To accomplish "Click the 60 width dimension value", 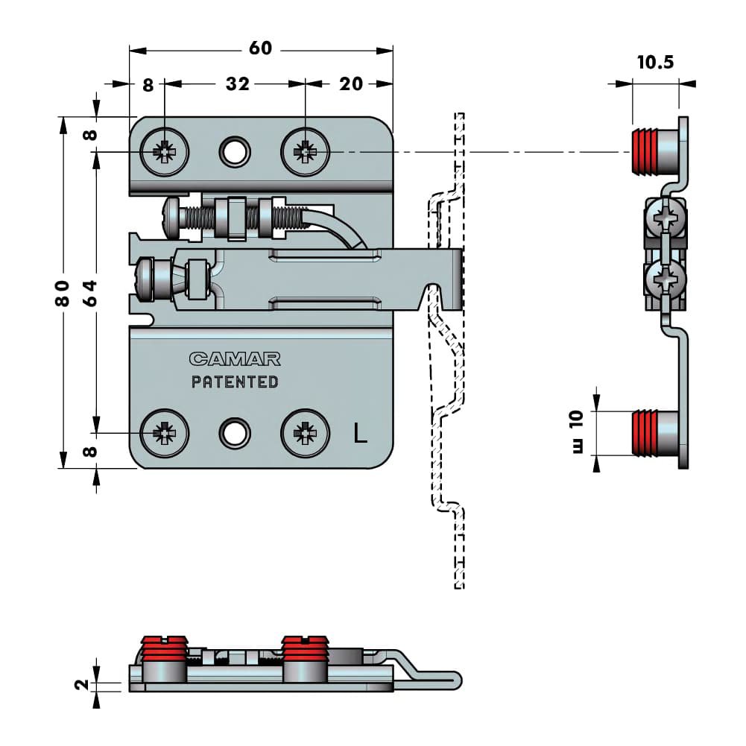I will (x=260, y=48).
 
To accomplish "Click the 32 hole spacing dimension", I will (x=237, y=83).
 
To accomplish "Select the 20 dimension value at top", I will (x=350, y=83).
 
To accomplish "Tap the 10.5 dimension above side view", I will (x=655, y=62).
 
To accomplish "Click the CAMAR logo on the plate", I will (x=235, y=359).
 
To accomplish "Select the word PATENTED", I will (x=235, y=382).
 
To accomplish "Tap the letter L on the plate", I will (x=361, y=433).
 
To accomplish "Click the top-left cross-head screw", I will (x=165, y=153).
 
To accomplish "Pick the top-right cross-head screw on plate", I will (x=305, y=153).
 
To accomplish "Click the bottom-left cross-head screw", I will (x=165, y=432).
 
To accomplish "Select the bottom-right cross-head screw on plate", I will (x=305, y=432).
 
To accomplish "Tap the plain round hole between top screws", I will (x=234, y=152).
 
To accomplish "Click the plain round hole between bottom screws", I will (x=234, y=432).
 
